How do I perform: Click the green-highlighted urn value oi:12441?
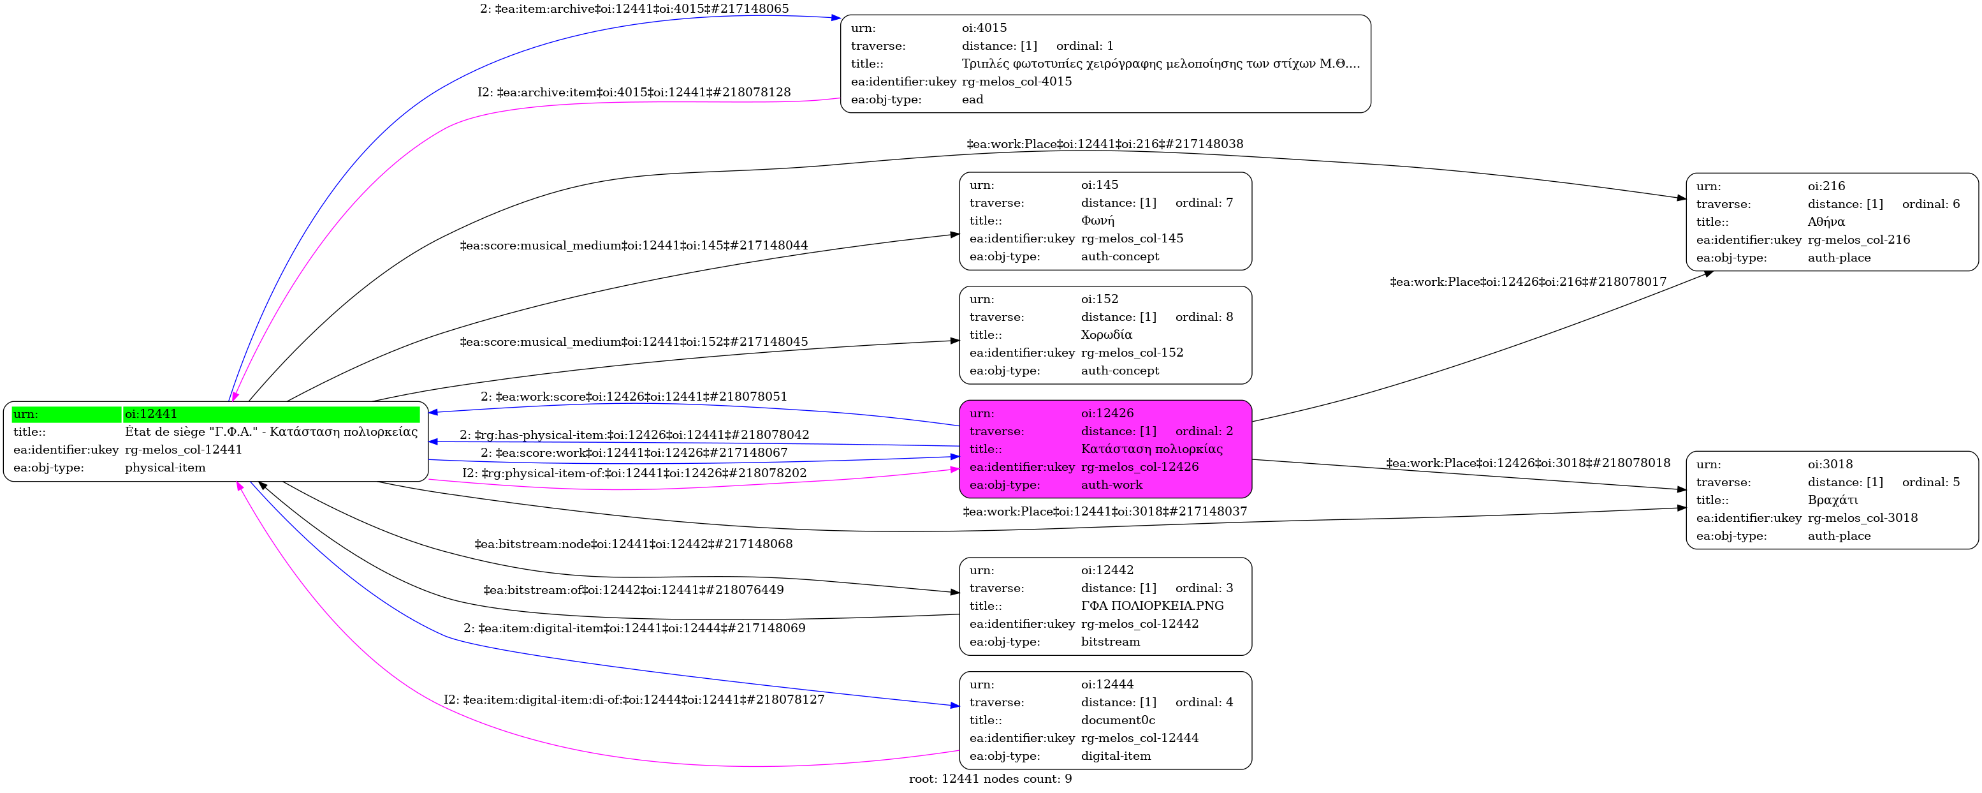pyautogui.click(x=151, y=414)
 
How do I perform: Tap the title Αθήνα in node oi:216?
pyautogui.click(x=1826, y=223)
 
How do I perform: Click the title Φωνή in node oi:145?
pyautogui.click(x=1097, y=221)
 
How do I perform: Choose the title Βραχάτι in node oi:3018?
pyautogui.click(x=1833, y=500)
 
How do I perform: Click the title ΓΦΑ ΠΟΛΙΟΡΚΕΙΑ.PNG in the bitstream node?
pyautogui.click(x=1152, y=606)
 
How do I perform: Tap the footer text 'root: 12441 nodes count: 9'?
pyautogui.click(x=990, y=779)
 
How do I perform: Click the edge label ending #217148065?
pyautogui.click(x=634, y=9)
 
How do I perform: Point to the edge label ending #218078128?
pyautogui.click(x=634, y=93)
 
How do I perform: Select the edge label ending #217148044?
pyautogui.click(x=634, y=246)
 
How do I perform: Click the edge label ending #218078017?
pyautogui.click(x=1528, y=282)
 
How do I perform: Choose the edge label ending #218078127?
pyautogui.click(x=634, y=700)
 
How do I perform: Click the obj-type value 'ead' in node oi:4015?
pyautogui.click(x=973, y=100)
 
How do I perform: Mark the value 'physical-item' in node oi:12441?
pyautogui.click(x=165, y=468)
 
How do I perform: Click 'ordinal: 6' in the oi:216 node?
pyautogui.click(x=1930, y=204)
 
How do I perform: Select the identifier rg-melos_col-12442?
pyautogui.click(x=1139, y=625)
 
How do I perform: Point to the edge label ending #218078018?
pyautogui.click(x=1528, y=463)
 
